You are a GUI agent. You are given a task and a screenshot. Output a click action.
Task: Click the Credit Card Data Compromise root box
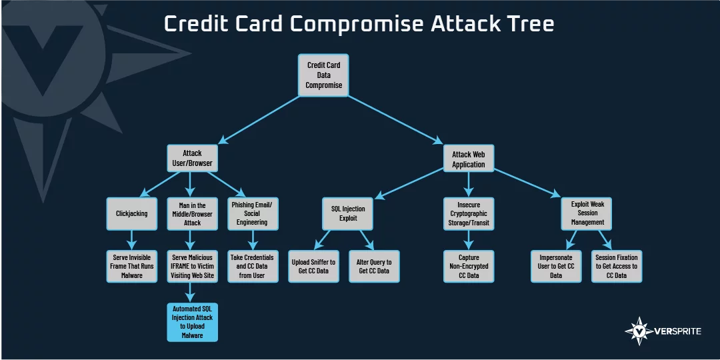click(323, 75)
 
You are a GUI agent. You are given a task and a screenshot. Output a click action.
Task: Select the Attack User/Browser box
click(192, 159)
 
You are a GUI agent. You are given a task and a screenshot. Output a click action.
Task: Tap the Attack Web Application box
click(469, 159)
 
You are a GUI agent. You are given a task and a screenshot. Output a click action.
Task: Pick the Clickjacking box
click(132, 213)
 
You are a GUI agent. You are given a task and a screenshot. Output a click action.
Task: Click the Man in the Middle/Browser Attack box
click(192, 213)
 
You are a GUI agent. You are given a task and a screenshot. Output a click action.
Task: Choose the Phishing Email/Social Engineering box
click(253, 213)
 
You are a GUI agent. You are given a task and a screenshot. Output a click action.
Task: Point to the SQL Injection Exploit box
click(347, 213)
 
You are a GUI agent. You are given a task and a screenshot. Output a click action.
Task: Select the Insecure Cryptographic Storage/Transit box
click(469, 213)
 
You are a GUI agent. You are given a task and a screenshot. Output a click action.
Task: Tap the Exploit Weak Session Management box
click(587, 213)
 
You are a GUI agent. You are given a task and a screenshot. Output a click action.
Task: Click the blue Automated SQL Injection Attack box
click(192, 322)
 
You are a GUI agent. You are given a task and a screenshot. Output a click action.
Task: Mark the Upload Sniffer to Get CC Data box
click(313, 266)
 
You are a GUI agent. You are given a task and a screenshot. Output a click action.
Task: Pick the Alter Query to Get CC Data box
click(374, 266)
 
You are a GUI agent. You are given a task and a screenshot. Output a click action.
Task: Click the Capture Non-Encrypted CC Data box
click(469, 266)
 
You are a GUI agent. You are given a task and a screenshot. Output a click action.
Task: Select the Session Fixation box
click(616, 266)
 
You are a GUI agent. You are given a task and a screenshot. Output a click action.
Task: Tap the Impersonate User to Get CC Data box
click(556, 266)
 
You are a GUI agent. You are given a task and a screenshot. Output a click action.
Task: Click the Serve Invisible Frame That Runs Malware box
click(132, 266)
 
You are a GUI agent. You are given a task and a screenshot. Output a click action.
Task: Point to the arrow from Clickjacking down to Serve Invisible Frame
click(132, 240)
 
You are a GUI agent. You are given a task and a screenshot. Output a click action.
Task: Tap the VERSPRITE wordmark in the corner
click(677, 331)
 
